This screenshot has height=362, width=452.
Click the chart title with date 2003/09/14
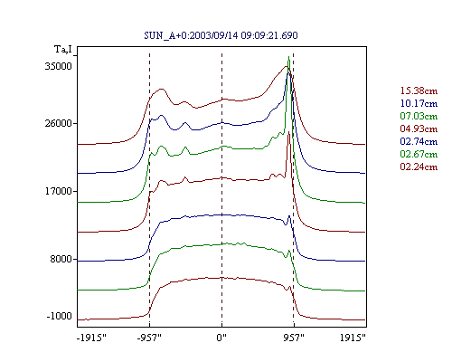pyautogui.click(x=221, y=35)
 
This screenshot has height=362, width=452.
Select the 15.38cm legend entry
pyautogui.click(x=419, y=90)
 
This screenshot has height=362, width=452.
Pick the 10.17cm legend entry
pyautogui.click(x=419, y=103)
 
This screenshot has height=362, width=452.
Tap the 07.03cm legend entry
pyautogui.click(x=419, y=116)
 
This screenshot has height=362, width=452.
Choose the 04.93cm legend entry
pyautogui.click(x=419, y=129)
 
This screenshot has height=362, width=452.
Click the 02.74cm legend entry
pyautogui.click(x=419, y=141)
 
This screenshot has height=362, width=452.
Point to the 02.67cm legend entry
pyautogui.click(x=419, y=154)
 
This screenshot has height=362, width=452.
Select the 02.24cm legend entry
pyautogui.click(x=419, y=167)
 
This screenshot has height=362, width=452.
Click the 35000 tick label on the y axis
pyautogui.click(x=59, y=66)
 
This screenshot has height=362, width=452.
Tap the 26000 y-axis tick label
pyautogui.click(x=59, y=123)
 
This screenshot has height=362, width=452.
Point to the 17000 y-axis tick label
pyautogui.click(x=59, y=191)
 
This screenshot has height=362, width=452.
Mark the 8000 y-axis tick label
pyautogui.click(x=61, y=259)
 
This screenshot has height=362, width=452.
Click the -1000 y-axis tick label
pyautogui.click(x=59, y=316)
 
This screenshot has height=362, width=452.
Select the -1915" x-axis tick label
pyautogui.click(x=92, y=338)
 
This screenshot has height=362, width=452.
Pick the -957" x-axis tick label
pyautogui.click(x=149, y=338)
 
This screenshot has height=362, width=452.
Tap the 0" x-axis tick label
pyautogui.click(x=221, y=338)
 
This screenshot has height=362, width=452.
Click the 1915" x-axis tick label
pyautogui.click(x=353, y=338)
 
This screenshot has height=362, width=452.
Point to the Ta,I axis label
pyautogui.click(x=63, y=49)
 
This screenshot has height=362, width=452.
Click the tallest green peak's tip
pyautogui.click(x=288, y=56)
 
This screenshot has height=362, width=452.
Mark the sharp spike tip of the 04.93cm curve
pyautogui.click(x=288, y=132)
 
